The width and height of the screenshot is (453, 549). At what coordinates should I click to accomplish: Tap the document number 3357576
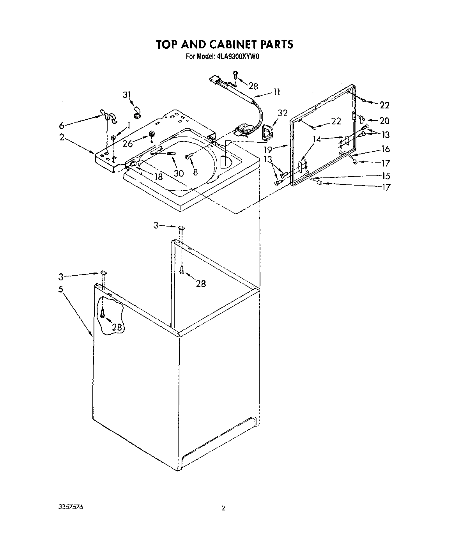click(71, 507)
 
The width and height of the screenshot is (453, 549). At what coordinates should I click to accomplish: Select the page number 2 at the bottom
click(223, 508)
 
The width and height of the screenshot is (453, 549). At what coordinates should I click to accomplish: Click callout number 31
click(127, 95)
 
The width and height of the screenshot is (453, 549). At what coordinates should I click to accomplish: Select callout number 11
click(277, 92)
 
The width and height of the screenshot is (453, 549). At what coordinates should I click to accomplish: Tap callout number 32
click(283, 113)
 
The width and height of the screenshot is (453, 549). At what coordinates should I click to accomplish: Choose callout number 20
click(384, 121)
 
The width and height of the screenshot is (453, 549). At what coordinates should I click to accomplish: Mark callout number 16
click(386, 149)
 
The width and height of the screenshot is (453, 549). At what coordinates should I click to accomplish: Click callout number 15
click(386, 175)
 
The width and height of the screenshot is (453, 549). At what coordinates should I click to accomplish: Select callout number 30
click(179, 173)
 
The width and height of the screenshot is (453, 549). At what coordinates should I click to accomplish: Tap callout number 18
click(158, 177)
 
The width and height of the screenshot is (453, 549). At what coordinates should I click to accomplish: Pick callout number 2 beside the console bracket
click(62, 137)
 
